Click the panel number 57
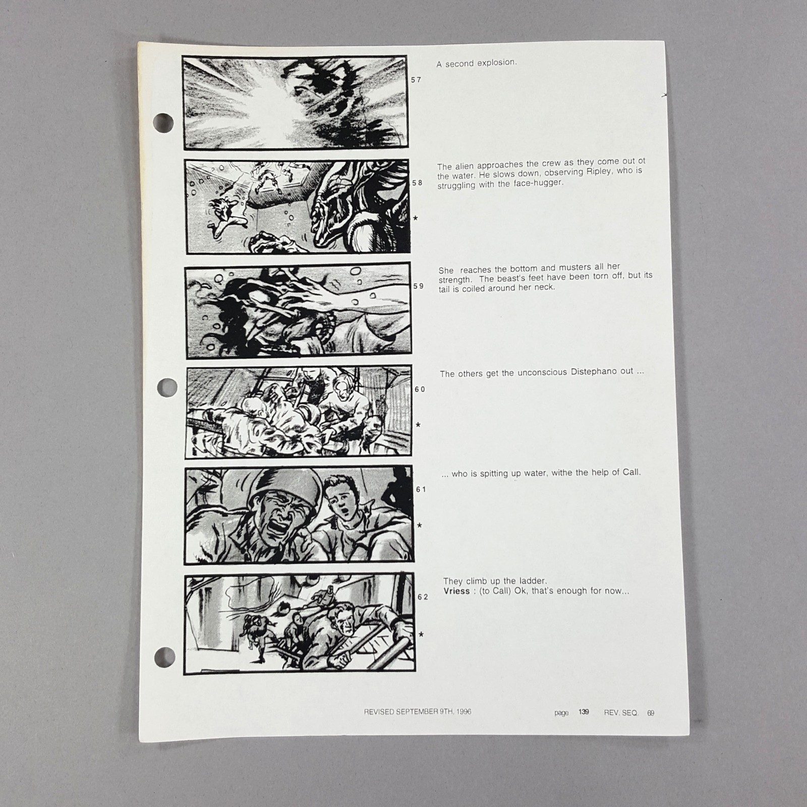(x=416, y=80)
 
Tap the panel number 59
(x=418, y=286)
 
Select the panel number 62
(x=422, y=597)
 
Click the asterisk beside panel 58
(x=415, y=218)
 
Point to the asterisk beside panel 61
(x=419, y=526)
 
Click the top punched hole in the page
(x=163, y=122)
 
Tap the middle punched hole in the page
(x=167, y=387)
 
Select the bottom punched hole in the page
(x=164, y=656)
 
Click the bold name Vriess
(x=456, y=591)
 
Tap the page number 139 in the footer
(x=584, y=712)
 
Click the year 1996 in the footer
(x=463, y=712)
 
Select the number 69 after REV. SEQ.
(x=651, y=713)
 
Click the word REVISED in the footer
(x=379, y=712)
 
